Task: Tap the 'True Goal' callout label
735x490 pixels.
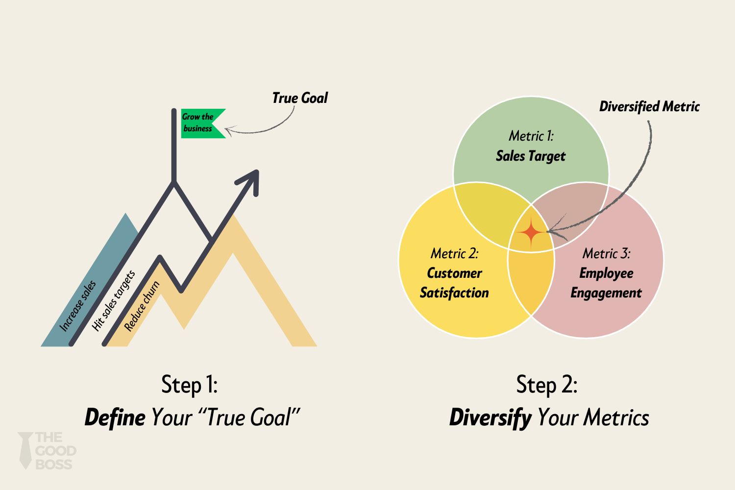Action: (300, 98)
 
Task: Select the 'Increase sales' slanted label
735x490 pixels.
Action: (78, 306)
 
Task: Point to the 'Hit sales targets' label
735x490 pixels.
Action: (114, 300)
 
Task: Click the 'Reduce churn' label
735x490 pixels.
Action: (142, 306)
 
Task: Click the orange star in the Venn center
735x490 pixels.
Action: (531, 232)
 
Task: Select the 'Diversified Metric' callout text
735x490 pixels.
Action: (649, 107)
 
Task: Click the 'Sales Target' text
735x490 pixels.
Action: (531, 156)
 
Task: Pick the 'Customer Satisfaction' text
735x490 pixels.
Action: (454, 283)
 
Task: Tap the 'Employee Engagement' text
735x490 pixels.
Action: (606, 283)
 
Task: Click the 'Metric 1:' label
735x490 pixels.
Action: (531, 136)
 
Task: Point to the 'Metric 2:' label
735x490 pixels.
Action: (454, 253)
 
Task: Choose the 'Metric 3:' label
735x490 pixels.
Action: (606, 253)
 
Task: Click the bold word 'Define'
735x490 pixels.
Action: (115, 418)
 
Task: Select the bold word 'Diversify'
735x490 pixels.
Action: (490, 418)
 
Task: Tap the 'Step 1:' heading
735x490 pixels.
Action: (190, 385)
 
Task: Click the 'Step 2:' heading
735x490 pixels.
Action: (547, 385)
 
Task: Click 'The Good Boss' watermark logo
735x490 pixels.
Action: (48, 451)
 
